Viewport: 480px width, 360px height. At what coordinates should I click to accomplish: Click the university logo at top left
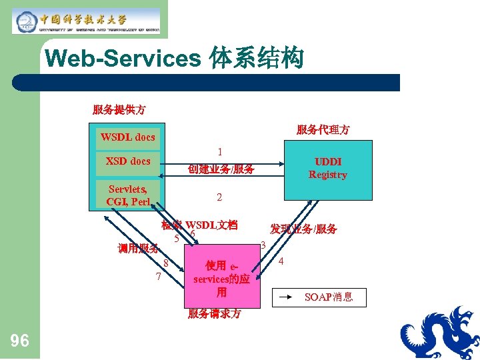(86, 21)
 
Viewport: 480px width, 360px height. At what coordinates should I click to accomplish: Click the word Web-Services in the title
(123, 59)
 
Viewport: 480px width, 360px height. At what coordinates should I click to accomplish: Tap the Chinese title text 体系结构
(257, 59)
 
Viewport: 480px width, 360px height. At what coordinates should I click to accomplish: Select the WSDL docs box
(128, 137)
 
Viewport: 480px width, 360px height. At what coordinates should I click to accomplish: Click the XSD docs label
(128, 161)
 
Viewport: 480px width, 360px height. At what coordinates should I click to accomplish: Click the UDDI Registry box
(327, 169)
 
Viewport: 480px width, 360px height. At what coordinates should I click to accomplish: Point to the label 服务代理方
(323, 130)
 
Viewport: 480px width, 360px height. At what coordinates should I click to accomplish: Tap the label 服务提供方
(119, 109)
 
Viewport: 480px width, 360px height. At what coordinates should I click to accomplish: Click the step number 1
(220, 153)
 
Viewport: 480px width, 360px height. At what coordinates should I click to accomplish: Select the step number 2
(219, 198)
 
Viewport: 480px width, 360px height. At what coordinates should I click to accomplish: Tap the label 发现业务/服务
(303, 229)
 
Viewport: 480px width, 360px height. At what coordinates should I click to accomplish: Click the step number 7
(158, 277)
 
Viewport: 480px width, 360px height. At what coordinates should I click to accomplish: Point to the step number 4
(281, 261)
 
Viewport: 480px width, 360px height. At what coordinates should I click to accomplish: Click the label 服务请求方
(214, 313)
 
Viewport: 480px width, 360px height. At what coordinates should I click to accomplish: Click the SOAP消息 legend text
(328, 297)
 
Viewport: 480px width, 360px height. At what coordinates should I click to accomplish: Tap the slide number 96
(20, 341)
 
